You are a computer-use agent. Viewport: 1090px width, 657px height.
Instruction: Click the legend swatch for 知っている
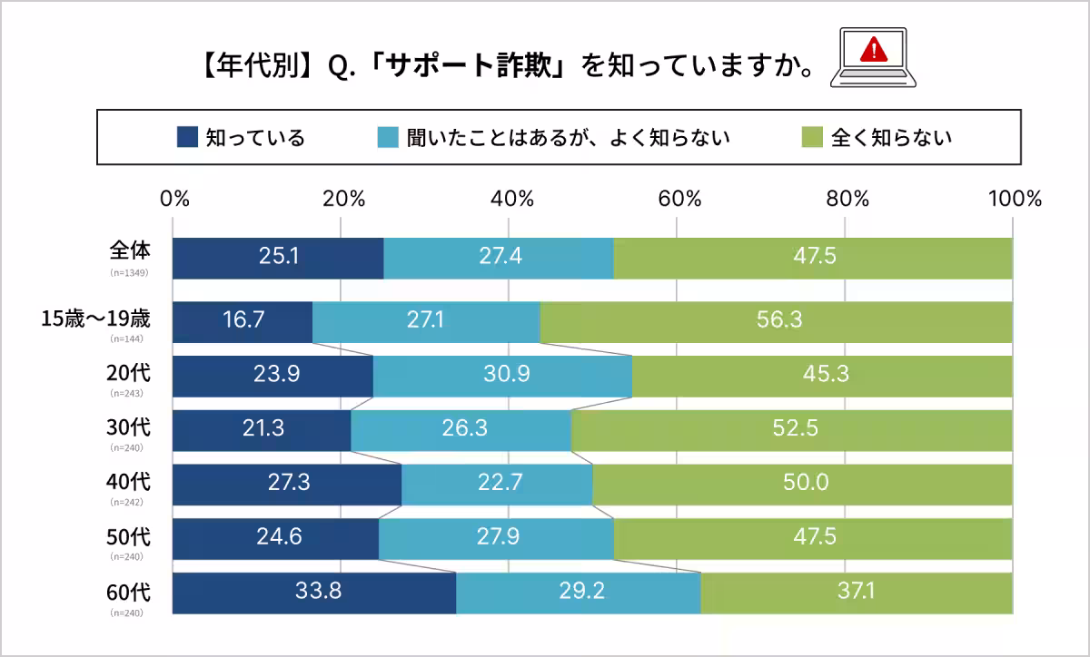pos(186,137)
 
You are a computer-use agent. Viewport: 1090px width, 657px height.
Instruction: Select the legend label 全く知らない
pos(891,137)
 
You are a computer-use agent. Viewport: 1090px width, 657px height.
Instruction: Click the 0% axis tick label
pos(174,200)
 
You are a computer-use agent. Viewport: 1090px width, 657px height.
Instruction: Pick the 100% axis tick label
pos(1014,200)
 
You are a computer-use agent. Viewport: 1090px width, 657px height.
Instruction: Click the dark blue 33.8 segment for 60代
pos(314,593)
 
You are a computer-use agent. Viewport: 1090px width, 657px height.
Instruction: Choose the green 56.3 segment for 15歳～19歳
pos(776,321)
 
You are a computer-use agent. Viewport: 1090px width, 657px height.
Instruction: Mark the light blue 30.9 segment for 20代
pos(502,376)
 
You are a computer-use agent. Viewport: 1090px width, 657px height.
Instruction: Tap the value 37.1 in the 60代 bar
pos(857,593)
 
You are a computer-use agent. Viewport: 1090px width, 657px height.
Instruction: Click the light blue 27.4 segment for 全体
pos(499,258)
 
